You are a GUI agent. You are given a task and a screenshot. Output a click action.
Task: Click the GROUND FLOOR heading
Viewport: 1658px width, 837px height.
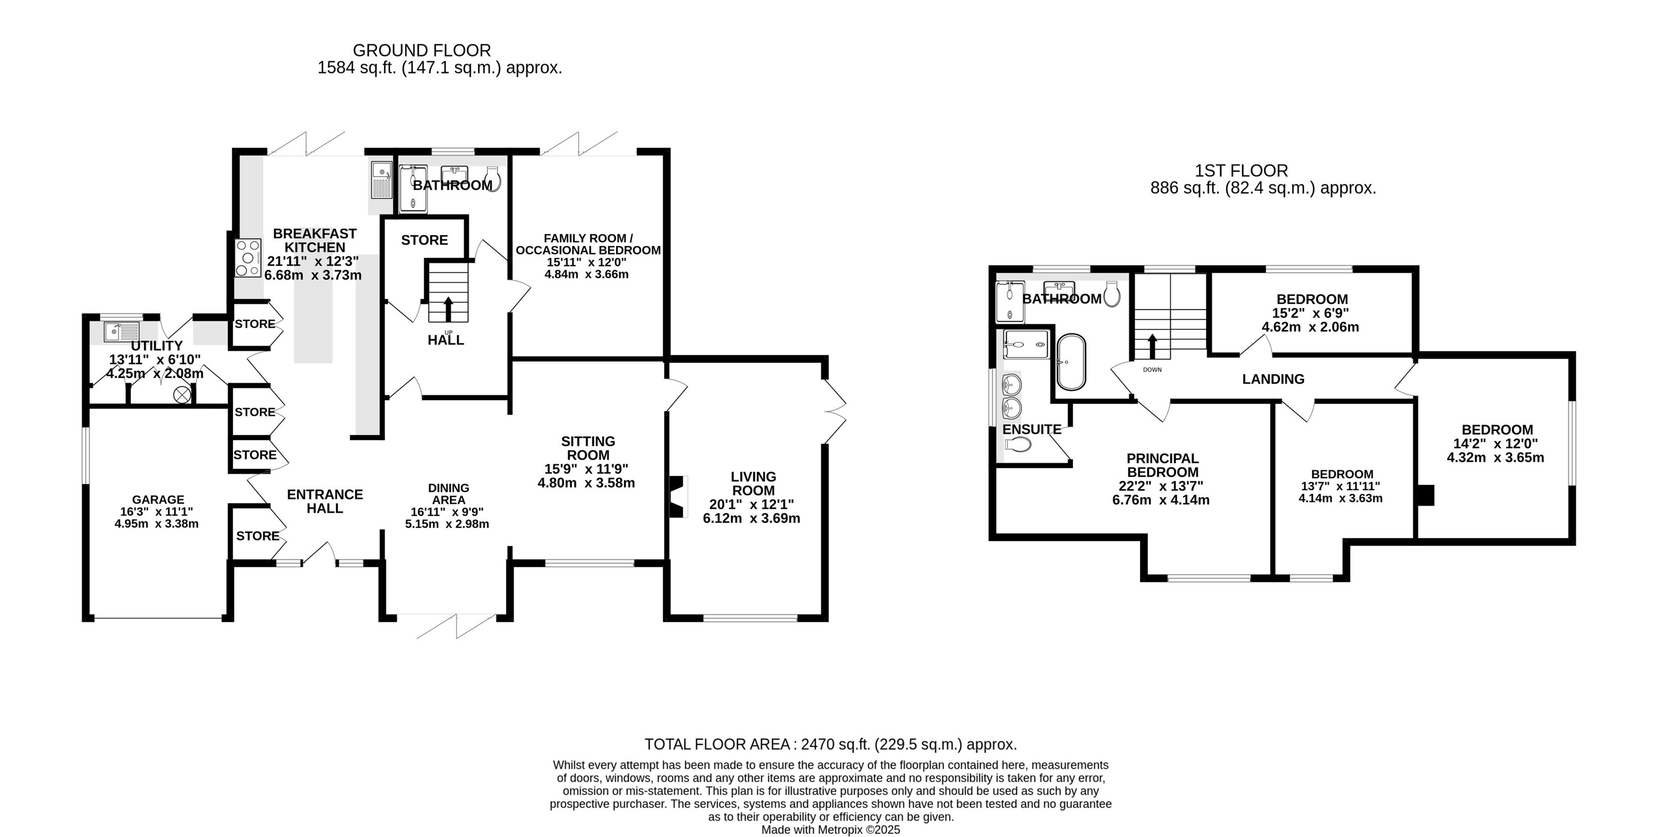[x=422, y=50]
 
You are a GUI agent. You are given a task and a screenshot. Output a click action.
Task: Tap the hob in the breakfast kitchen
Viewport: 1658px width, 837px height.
[x=248, y=258]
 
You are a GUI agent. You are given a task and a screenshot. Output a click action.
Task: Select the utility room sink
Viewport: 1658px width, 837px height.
[x=122, y=331]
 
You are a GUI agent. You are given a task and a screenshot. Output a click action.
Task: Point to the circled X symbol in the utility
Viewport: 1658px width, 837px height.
[x=183, y=394]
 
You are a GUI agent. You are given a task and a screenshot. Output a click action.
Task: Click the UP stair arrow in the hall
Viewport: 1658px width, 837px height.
[x=449, y=309]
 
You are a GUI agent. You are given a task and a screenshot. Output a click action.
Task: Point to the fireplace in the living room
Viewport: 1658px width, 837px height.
[x=677, y=496]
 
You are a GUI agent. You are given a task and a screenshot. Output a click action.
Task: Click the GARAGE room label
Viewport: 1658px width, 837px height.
[x=158, y=499]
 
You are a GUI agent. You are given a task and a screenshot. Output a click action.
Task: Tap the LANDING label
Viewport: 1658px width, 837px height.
[x=1273, y=380]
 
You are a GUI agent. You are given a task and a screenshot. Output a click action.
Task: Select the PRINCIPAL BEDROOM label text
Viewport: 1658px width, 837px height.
[x=1163, y=465]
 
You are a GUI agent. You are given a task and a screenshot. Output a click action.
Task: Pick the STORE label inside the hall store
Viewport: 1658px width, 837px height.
[x=424, y=240]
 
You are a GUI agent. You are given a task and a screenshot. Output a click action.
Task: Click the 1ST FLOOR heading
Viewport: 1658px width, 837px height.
[x=1241, y=171]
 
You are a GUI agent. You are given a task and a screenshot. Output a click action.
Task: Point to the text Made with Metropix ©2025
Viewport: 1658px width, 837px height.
[x=831, y=830]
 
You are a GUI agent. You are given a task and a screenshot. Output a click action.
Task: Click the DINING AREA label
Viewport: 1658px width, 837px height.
[x=449, y=494]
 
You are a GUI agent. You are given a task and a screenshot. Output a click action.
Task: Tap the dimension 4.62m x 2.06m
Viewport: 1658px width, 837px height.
[x=1310, y=327]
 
